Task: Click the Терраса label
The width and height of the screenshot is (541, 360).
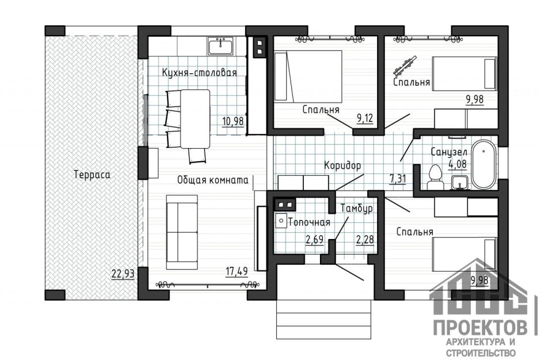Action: (91, 173)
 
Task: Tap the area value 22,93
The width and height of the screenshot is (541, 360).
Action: (123, 274)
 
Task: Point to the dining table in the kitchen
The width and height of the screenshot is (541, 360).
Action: (195, 118)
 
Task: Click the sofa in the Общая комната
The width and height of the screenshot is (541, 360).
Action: (181, 232)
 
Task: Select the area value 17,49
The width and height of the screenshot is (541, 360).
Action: (236, 270)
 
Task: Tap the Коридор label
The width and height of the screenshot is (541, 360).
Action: (342, 165)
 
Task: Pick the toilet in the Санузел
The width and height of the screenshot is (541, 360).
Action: (435, 175)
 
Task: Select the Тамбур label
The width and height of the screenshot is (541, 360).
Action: (357, 208)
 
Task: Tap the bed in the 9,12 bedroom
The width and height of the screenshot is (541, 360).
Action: (308, 75)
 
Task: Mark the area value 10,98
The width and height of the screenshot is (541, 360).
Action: (233, 121)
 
